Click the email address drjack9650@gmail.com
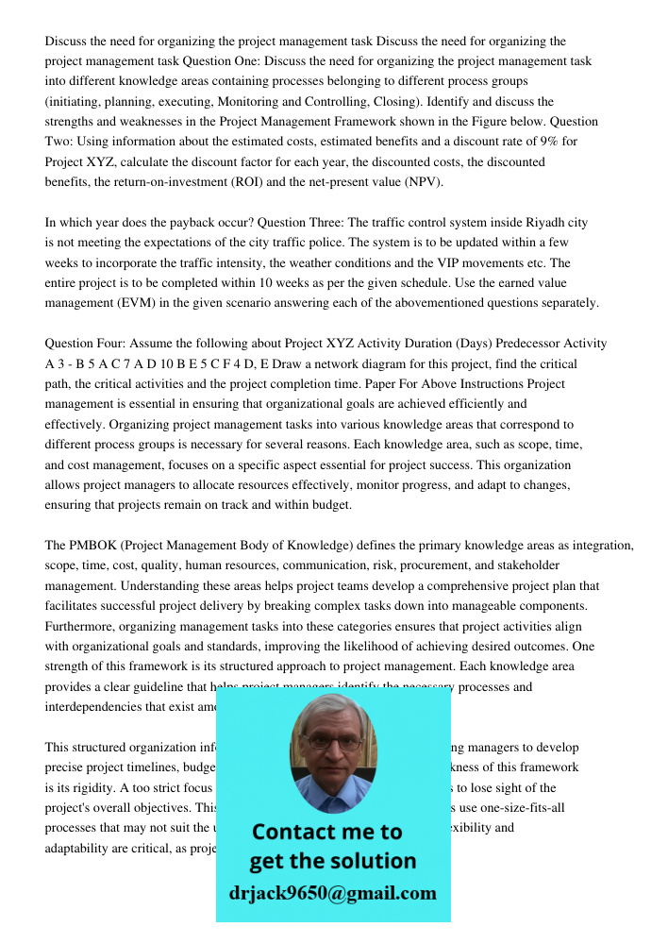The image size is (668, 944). point(332,893)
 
